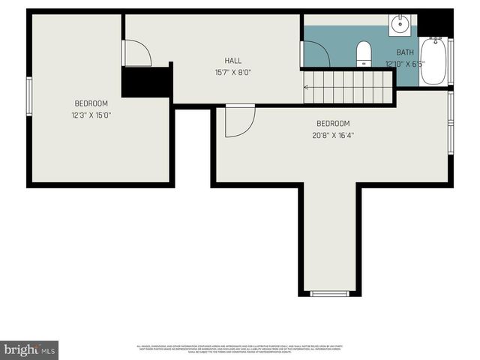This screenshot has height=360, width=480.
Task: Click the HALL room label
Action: (233, 60)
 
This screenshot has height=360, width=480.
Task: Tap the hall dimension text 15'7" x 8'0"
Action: (233, 73)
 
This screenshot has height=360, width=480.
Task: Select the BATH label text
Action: (405, 52)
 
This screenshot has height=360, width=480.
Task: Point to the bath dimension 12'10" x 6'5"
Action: (405, 64)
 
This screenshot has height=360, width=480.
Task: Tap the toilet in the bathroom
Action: (364, 52)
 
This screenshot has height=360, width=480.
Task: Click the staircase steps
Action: (349, 86)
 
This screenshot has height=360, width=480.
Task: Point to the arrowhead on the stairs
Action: (306, 87)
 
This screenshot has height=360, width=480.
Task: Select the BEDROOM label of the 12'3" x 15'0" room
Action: (91, 103)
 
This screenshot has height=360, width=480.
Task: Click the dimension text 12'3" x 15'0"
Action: (91, 115)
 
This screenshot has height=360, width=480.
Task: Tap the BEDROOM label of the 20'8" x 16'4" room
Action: (333, 124)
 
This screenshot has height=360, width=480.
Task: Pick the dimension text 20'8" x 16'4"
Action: (333, 136)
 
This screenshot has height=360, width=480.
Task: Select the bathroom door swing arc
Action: (315, 54)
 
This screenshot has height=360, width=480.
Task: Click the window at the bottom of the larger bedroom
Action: (330, 293)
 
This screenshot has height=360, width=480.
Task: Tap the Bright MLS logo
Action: (29, 349)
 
